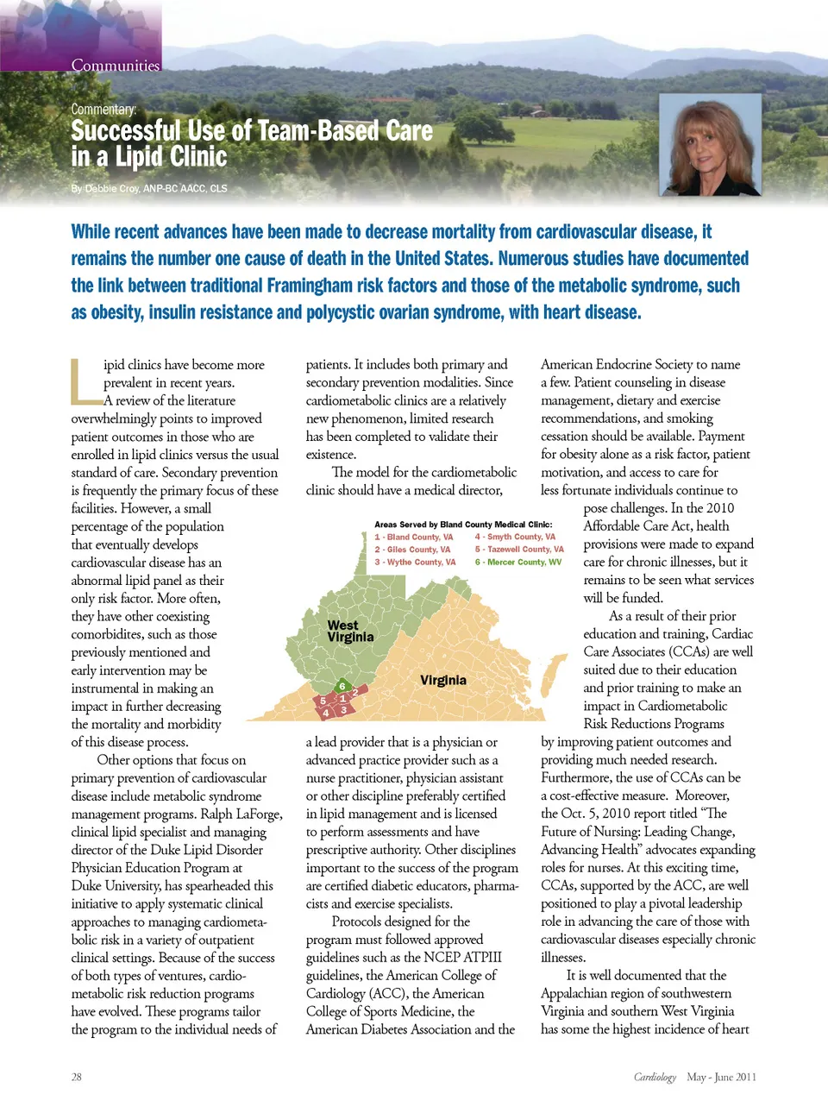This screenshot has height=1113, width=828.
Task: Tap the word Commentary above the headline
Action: pos(103,110)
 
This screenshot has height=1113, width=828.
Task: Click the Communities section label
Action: pos(116,65)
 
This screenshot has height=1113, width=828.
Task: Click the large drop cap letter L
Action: pos(85,381)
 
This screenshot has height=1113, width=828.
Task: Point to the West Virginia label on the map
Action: pos(350,631)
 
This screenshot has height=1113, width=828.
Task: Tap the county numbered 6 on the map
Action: pos(342,686)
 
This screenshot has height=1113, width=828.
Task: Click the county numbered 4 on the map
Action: pos(325,714)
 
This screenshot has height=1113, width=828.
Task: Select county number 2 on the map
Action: pos(355,692)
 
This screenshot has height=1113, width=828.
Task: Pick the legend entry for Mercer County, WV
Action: pos(518,563)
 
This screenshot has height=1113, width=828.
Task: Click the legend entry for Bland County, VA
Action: pos(414,537)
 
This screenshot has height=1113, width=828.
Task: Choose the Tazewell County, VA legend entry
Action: pos(519,550)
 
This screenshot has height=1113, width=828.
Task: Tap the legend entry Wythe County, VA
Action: pos(415,563)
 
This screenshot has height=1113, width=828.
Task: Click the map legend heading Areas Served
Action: pos(463,524)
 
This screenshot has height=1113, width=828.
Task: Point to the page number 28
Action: pos(77,1077)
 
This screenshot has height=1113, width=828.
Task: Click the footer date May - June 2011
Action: pos(721,1077)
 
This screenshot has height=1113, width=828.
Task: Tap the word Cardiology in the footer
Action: pos(655,1077)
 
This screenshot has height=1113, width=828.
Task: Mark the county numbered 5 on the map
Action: pos(323,701)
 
